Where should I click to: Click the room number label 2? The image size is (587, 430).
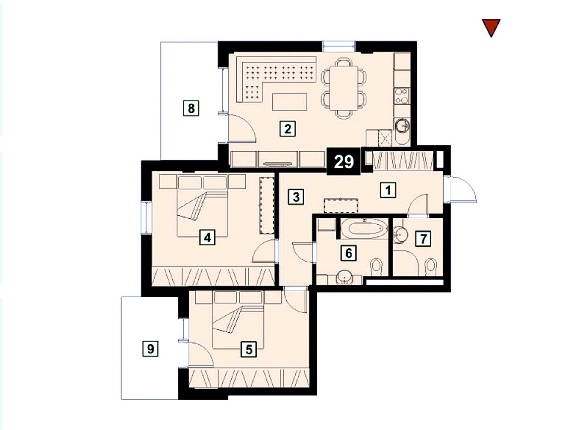(x=288, y=129)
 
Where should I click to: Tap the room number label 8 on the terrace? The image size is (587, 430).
(x=191, y=108)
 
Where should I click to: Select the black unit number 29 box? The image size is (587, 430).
(x=344, y=162)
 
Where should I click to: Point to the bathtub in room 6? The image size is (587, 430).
(x=364, y=228)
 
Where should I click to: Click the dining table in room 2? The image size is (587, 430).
(x=344, y=88)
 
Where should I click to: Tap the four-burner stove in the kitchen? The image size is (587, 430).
(x=402, y=95)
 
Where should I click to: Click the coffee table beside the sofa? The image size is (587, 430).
(x=290, y=102)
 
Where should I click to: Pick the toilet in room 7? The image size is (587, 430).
(x=431, y=267)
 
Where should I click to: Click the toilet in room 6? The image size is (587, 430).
(x=377, y=267)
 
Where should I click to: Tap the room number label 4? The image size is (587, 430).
(x=207, y=237)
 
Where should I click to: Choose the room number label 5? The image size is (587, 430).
(x=249, y=349)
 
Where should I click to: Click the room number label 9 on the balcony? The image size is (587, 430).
(x=150, y=349)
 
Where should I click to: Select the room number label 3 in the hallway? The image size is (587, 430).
(x=296, y=197)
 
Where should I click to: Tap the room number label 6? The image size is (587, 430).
(x=348, y=253)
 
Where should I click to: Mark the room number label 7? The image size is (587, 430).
(x=423, y=239)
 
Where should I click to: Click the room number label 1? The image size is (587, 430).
(x=388, y=190)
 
